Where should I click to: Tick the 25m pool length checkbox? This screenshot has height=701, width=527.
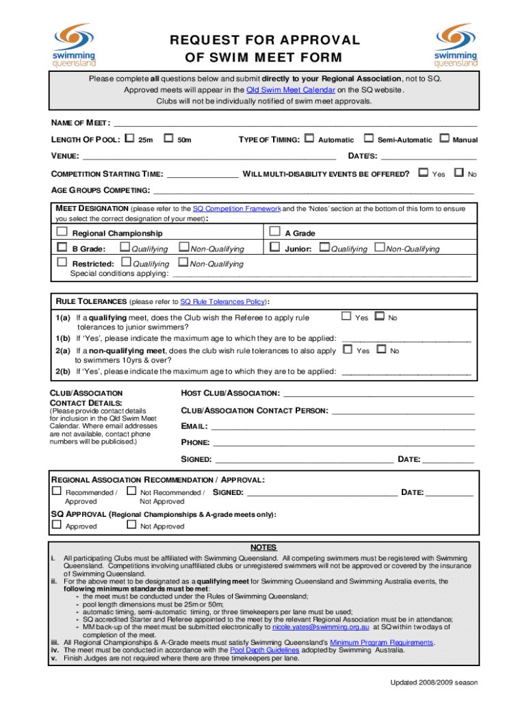[129, 139]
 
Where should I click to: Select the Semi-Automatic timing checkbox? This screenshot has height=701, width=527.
[369, 139]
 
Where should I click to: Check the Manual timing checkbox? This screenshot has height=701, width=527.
[444, 139]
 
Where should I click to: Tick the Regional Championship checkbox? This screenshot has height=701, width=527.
[62, 233]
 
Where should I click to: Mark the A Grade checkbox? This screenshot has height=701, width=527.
[275, 233]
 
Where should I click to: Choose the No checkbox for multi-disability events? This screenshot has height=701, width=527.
[459, 173]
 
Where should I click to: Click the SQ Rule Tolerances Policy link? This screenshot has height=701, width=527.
[223, 301]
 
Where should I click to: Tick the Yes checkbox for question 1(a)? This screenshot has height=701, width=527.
[346, 316]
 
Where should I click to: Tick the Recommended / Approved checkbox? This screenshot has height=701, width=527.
[57, 492]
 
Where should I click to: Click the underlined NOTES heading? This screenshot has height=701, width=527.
[263, 548]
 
